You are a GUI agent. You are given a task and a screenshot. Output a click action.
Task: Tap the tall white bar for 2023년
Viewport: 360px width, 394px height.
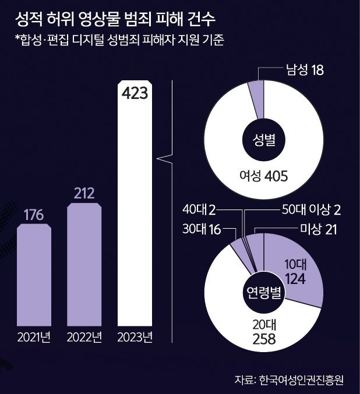[x=135, y=221]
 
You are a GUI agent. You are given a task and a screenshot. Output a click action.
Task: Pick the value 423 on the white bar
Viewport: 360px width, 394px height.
[x=135, y=93]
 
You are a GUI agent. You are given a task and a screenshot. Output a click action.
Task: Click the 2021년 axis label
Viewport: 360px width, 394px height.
[x=34, y=337]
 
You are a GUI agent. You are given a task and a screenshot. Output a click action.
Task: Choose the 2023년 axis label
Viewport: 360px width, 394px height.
[x=135, y=337]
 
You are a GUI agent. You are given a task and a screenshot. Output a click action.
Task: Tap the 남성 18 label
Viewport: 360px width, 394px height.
[x=303, y=70]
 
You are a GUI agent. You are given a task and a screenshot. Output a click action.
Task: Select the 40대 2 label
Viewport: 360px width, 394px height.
[x=199, y=209]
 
